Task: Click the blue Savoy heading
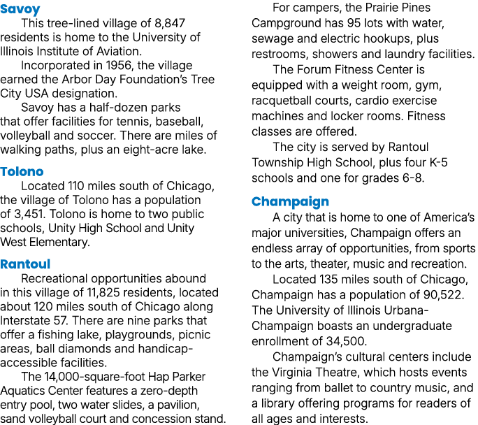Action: point(20,9)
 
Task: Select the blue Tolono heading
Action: point(22,172)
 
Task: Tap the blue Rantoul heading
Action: point(25,264)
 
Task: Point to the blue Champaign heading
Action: point(290,202)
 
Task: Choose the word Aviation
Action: point(119,52)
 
